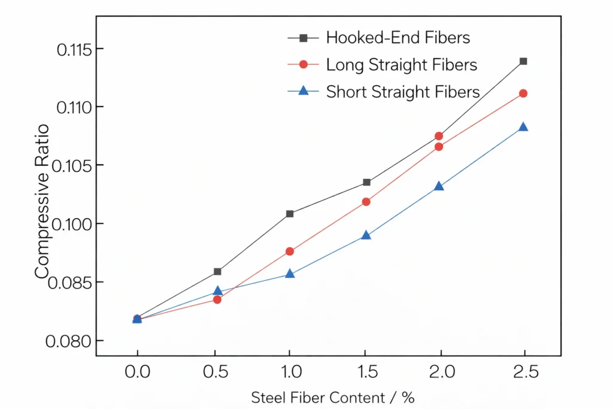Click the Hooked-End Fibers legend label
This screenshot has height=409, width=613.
click(397, 38)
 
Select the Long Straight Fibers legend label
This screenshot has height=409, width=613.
click(401, 65)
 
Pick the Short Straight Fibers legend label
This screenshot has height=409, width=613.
click(403, 92)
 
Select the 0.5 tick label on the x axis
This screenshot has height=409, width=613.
click(215, 372)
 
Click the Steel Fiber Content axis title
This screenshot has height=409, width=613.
click(332, 397)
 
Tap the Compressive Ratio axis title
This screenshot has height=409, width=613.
click(42, 201)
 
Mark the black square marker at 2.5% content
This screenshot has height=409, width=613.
click(523, 61)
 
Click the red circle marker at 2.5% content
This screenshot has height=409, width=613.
click(523, 93)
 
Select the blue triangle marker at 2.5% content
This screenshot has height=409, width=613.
click(523, 127)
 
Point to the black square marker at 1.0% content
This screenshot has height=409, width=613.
click(290, 214)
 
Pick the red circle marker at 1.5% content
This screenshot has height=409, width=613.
click(366, 202)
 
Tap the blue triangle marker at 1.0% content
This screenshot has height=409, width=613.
click(290, 274)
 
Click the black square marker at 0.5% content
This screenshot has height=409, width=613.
click(217, 272)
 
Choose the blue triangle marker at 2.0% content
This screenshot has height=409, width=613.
click(439, 186)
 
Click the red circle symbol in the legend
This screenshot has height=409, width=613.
click(304, 65)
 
